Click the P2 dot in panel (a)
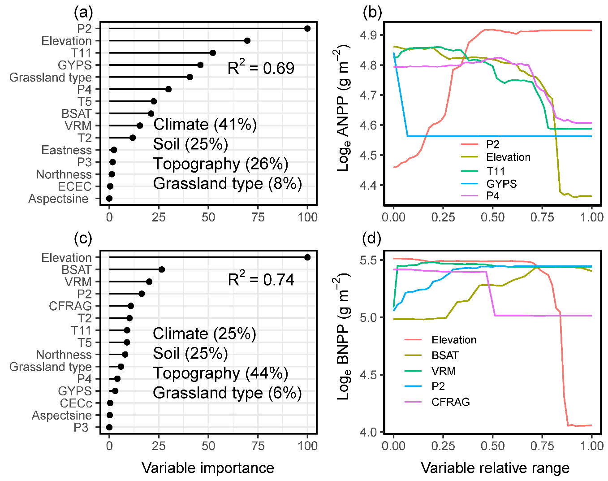click(307, 29)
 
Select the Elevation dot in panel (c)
click(307, 257)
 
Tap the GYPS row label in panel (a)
click(74, 65)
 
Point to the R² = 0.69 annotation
click(261, 68)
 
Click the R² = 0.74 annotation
click(261, 280)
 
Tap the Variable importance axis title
click(208, 468)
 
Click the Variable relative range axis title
click(495, 468)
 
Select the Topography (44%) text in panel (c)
click(220, 373)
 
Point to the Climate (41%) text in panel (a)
click(205, 125)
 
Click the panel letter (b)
click(372, 13)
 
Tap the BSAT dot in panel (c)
click(162, 269)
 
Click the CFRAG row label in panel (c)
click(70, 306)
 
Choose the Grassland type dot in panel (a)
click(190, 77)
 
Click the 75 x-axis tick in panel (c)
click(258, 446)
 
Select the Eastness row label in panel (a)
click(66, 150)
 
